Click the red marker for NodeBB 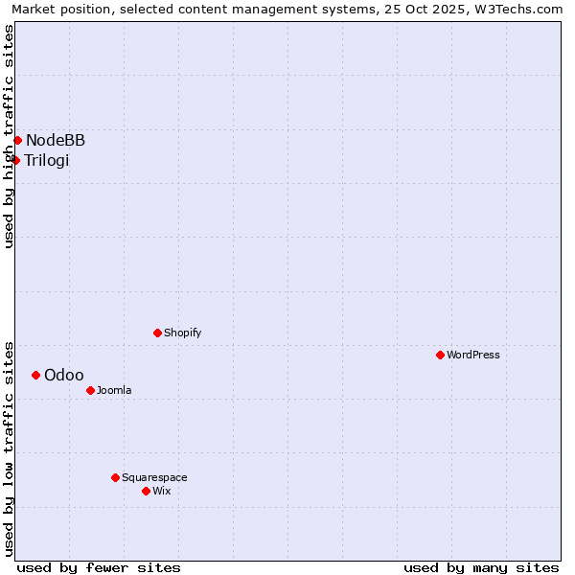pos(17,141)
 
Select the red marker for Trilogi pos(15,160)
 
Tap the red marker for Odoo pos(35,375)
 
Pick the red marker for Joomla pos(90,390)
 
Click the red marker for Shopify pos(157,333)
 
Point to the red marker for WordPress pos(440,355)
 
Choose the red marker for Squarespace pos(115,477)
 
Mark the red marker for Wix pos(146,491)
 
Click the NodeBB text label pos(56,141)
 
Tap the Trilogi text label pos(47,160)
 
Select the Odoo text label pos(64,375)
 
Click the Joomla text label pos(114,390)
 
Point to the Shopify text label pos(182,333)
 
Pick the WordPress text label pos(473,355)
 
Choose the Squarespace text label pos(154,477)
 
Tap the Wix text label pos(161,491)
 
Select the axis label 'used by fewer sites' pos(99,567)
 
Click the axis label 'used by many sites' pos(481,567)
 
